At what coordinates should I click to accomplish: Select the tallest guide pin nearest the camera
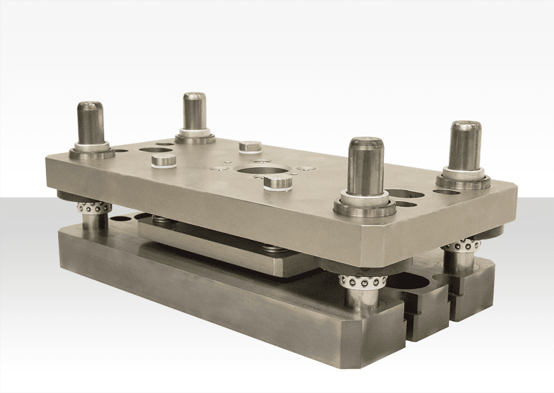coord(365,166)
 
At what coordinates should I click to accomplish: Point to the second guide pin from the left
coord(195,111)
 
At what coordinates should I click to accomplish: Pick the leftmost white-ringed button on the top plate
coord(164,161)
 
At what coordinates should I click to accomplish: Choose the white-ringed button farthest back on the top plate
coord(249,146)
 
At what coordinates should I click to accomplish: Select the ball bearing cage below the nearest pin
coord(361,281)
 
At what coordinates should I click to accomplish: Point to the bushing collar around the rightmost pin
coord(463,178)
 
